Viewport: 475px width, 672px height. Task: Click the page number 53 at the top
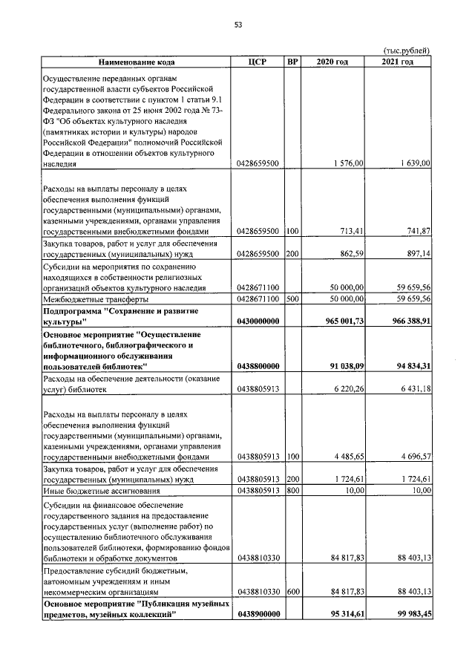[238, 25]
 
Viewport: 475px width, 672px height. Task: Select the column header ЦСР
[257, 62]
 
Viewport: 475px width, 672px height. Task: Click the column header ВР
[292, 62]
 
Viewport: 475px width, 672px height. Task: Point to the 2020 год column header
[332, 62]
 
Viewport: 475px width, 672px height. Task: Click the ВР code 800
[292, 490]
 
